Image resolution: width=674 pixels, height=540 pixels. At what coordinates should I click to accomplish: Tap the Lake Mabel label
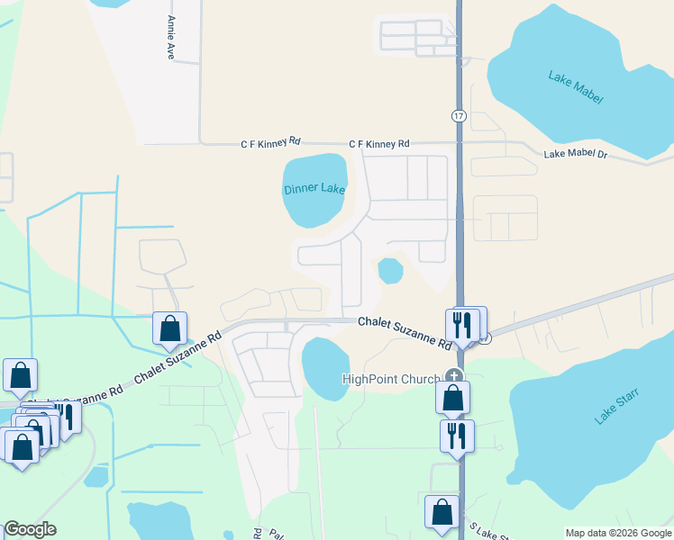pyautogui.click(x=575, y=86)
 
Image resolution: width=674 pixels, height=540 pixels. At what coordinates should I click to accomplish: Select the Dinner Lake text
pyautogui.click(x=314, y=189)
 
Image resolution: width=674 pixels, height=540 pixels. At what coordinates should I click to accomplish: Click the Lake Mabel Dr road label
pyautogui.click(x=577, y=155)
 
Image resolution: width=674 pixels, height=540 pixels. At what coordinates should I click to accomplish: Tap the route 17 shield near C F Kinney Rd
pyautogui.click(x=459, y=116)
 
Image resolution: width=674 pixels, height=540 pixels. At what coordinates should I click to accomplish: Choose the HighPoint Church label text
pyautogui.click(x=391, y=379)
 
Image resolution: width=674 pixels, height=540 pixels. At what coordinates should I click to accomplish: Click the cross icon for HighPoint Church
pyautogui.click(x=454, y=377)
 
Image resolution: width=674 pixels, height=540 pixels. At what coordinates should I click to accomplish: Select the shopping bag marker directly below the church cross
pyautogui.click(x=452, y=396)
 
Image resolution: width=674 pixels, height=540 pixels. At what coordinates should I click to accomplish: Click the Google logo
pyautogui.click(x=30, y=529)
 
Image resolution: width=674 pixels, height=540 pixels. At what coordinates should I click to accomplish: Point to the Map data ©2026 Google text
pyautogui.click(x=619, y=533)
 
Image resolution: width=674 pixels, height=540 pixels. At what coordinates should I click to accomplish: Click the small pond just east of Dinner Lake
pyautogui.click(x=389, y=270)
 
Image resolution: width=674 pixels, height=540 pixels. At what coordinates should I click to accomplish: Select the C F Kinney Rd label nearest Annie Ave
pyautogui.click(x=270, y=143)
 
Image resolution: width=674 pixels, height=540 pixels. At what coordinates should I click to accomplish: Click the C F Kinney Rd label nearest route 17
pyautogui.click(x=379, y=144)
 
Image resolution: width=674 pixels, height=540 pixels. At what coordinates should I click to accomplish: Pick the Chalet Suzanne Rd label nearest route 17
pyautogui.click(x=404, y=332)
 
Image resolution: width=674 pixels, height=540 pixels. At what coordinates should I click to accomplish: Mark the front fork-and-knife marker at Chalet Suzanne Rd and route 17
pyautogui.click(x=460, y=326)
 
